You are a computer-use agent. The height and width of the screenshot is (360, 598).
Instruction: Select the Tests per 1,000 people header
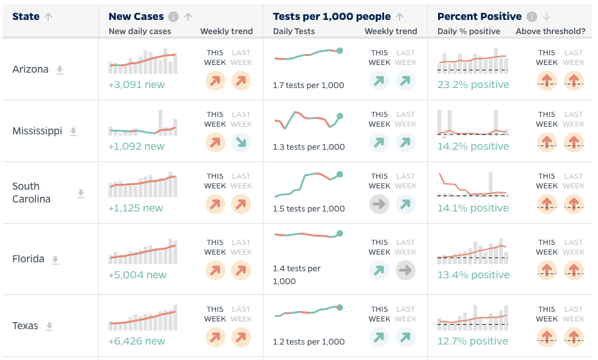click(x=331, y=17)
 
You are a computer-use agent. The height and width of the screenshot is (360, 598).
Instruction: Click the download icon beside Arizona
click(x=60, y=70)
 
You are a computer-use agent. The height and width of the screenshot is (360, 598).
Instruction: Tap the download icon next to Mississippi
click(x=73, y=132)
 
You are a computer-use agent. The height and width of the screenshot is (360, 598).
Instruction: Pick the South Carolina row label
click(x=31, y=193)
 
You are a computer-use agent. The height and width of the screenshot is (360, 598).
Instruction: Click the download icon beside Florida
click(x=55, y=260)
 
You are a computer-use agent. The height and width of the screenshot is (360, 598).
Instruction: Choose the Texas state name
click(x=25, y=326)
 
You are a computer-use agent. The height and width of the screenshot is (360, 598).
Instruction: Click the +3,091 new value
click(x=136, y=85)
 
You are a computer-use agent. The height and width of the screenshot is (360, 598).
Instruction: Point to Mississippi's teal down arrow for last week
click(x=241, y=143)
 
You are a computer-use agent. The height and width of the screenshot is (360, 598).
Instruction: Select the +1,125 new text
click(x=136, y=208)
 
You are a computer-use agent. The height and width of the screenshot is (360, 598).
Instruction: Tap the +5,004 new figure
click(x=137, y=275)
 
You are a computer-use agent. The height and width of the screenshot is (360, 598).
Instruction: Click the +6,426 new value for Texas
click(x=137, y=341)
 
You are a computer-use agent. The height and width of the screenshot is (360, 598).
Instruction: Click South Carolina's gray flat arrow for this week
click(x=380, y=204)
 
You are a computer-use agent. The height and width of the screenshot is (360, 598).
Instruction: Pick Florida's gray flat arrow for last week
click(x=405, y=271)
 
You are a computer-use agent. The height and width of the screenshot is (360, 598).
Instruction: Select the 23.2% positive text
click(x=473, y=85)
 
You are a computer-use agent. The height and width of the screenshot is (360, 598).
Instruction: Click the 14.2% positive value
click(x=473, y=147)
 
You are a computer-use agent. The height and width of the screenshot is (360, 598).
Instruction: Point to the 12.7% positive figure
click(x=473, y=341)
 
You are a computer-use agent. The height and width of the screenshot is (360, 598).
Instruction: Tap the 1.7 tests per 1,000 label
click(x=308, y=85)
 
